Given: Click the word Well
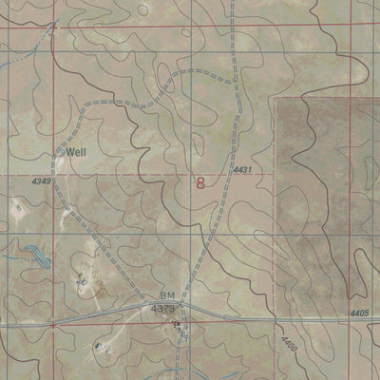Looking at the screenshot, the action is pos(75,151).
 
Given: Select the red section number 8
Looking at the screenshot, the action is pos(200,181).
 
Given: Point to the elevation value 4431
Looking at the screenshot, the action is pos(243,170).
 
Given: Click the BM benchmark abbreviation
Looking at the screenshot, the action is pos(168,296).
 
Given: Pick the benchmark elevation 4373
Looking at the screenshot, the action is pos(164,308).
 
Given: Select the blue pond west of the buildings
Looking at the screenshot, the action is pos(36,255).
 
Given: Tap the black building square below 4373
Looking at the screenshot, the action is pos(175,324).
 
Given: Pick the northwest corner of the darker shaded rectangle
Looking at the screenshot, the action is pos(276,96).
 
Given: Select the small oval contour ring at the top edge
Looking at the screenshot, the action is pos(142,9).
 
